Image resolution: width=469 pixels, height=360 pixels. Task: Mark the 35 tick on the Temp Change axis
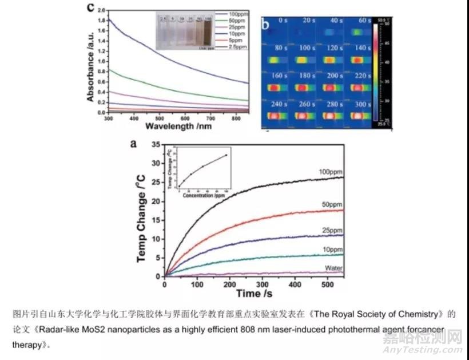click(156, 146)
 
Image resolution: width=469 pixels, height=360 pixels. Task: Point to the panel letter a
click(134, 143)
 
